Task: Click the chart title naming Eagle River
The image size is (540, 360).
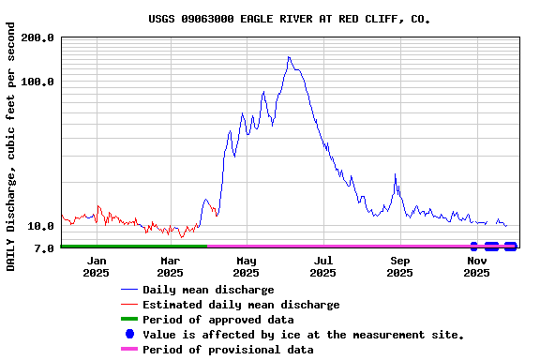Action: tap(290, 19)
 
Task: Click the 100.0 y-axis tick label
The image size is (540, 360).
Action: tap(38, 82)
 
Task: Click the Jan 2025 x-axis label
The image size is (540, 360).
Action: tap(96, 266)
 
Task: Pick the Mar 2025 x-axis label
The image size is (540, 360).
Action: tap(171, 266)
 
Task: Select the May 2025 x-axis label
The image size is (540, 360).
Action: tap(247, 266)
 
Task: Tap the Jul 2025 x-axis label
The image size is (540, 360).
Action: tap(322, 266)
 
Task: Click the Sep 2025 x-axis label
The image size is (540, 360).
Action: tap(399, 266)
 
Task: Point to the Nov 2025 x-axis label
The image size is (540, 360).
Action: tap(476, 266)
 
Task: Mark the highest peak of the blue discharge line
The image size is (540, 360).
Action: tap(289, 57)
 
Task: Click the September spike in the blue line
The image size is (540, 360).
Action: tap(396, 174)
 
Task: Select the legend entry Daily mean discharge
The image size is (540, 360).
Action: tap(208, 290)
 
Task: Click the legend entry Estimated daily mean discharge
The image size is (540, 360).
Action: tap(241, 305)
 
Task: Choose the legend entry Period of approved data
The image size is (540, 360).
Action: tap(217, 320)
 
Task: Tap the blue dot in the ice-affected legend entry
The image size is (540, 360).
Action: tap(129, 335)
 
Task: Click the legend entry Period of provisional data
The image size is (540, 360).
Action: tap(228, 350)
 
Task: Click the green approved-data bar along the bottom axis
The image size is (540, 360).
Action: tap(131, 246)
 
